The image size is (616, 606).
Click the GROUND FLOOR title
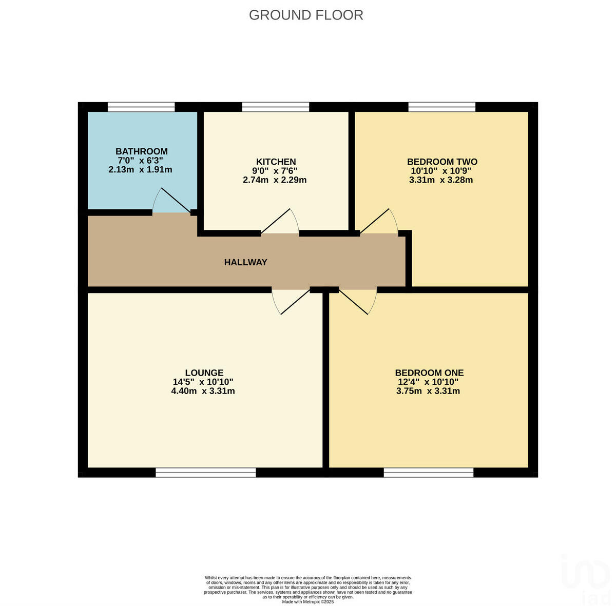306,15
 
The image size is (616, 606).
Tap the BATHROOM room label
141,151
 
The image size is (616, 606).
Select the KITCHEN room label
276,162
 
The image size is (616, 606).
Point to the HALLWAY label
245,262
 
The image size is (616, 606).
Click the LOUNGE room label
204,373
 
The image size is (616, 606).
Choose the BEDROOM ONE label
429,373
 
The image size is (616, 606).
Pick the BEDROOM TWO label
442,162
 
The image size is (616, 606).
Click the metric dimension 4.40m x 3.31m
203,391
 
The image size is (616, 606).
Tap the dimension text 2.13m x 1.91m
140,169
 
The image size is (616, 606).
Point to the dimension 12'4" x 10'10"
428,382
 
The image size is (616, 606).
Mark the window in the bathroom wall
141,107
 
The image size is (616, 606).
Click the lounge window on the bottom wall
205,473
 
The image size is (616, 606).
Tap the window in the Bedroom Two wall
441,107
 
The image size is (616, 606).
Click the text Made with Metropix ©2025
308,601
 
